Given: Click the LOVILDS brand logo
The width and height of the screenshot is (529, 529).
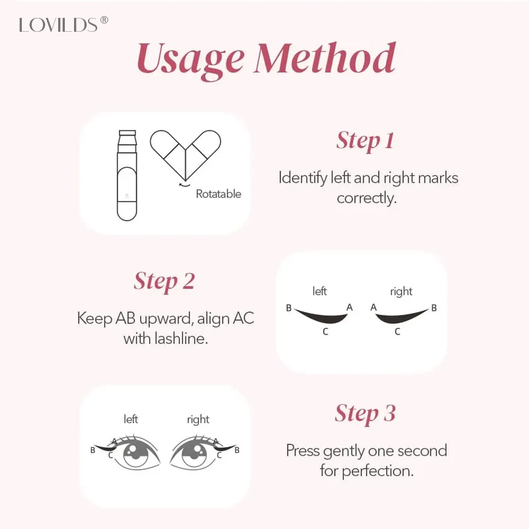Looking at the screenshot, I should tap(59, 24).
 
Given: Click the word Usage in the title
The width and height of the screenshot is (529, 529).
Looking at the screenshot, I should tap(189, 59).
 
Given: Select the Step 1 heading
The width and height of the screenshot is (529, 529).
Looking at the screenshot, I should tap(365, 141).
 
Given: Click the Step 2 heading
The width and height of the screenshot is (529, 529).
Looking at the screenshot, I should tap(164, 281).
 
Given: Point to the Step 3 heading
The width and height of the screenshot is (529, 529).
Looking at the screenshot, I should tap(365, 414).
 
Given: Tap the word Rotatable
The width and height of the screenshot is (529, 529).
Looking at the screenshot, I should tap(218, 194).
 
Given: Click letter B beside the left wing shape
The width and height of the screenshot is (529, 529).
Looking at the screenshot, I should tap(289, 308).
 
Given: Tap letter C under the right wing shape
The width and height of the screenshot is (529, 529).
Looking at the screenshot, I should tap(397, 332).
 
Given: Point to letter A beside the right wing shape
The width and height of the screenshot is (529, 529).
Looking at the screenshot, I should tap(374, 307).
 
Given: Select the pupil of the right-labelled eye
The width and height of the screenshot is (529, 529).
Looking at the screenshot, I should tap(196, 454).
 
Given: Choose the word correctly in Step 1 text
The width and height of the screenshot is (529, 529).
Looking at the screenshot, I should tap(366, 198).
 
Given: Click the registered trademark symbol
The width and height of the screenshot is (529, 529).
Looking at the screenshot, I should tap(104, 20).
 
